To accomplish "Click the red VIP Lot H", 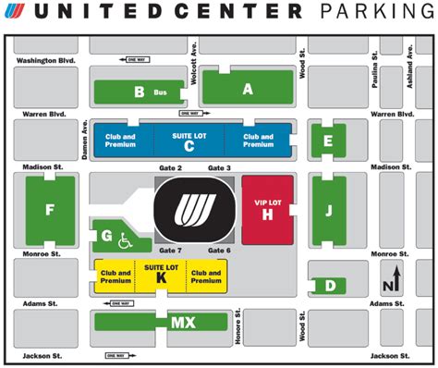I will pos(267,207).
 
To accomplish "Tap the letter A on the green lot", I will pos(247,90).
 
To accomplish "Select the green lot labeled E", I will pos(327,141).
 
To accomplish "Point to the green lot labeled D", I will pos(330,286).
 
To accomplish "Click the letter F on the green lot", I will pos(49,210).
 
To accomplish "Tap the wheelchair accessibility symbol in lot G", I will pos(123,241).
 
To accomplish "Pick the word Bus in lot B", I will pos(160,92).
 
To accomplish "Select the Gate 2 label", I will pos(172,167).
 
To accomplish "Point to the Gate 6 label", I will pos(220,251).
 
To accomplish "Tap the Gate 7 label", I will pos(170,251).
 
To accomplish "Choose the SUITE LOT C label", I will pos(189,141).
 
